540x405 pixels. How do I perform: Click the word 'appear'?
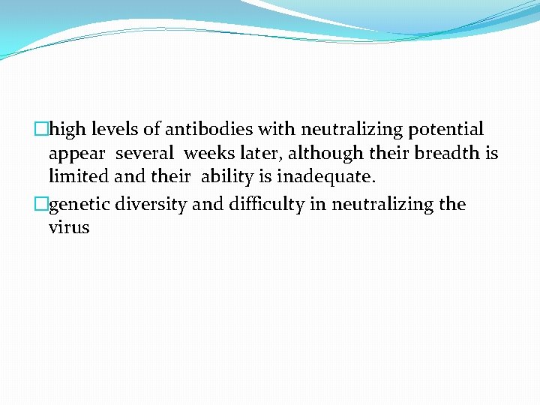[x=76, y=154]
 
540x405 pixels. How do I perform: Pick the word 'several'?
[x=145, y=154]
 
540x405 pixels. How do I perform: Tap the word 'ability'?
[x=226, y=178]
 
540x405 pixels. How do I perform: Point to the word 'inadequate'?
[x=322, y=178]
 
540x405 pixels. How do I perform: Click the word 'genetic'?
[x=79, y=205]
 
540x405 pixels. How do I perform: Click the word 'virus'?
[x=68, y=228]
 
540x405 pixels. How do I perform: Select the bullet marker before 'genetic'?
[x=43, y=204]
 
